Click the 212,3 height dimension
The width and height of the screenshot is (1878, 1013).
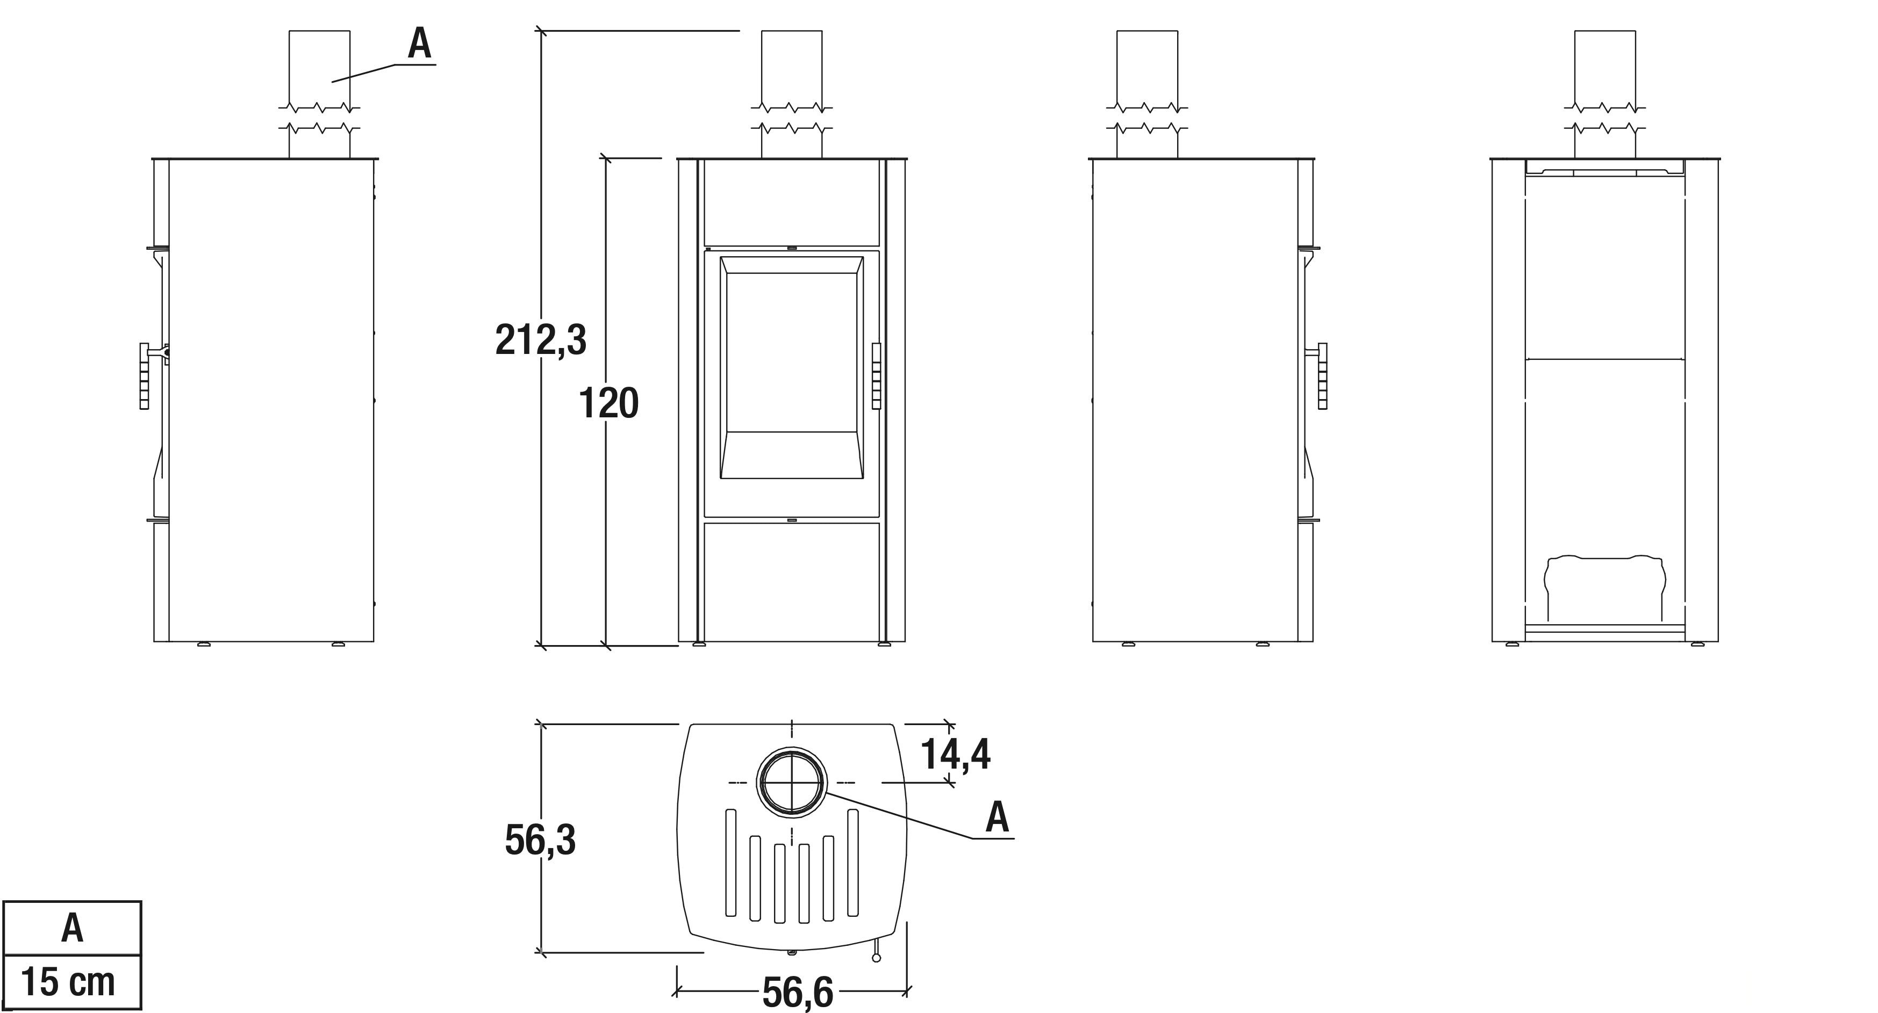541,339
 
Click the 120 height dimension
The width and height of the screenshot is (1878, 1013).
609,403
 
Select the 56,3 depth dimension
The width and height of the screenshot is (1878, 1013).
540,840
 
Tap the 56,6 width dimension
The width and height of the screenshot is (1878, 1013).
798,992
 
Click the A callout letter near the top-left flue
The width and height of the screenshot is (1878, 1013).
419,45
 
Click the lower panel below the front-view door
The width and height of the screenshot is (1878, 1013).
792,580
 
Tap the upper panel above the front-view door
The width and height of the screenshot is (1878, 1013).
792,202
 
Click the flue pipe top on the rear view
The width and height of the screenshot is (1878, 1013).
1604,66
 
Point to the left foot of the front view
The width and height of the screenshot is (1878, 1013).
699,644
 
